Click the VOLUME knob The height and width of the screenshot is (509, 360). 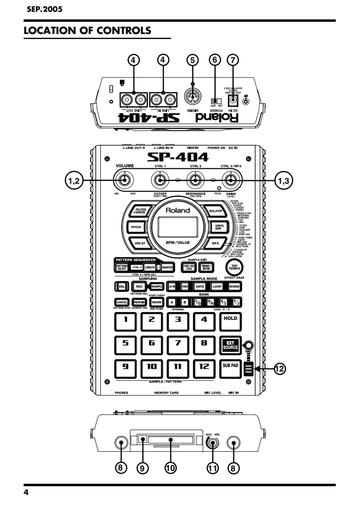(x=123, y=181)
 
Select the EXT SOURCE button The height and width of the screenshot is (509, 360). (x=230, y=344)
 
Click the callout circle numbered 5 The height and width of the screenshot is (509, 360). (x=192, y=59)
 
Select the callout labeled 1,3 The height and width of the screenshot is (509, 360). (x=283, y=180)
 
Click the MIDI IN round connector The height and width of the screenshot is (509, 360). (x=192, y=98)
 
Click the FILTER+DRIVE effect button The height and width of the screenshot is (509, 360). (x=139, y=211)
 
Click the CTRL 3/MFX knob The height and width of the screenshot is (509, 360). (x=231, y=181)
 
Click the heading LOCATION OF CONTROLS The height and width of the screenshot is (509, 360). (x=87, y=31)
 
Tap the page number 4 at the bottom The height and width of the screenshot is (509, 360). (x=26, y=493)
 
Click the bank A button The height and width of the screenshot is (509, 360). (x=172, y=302)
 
